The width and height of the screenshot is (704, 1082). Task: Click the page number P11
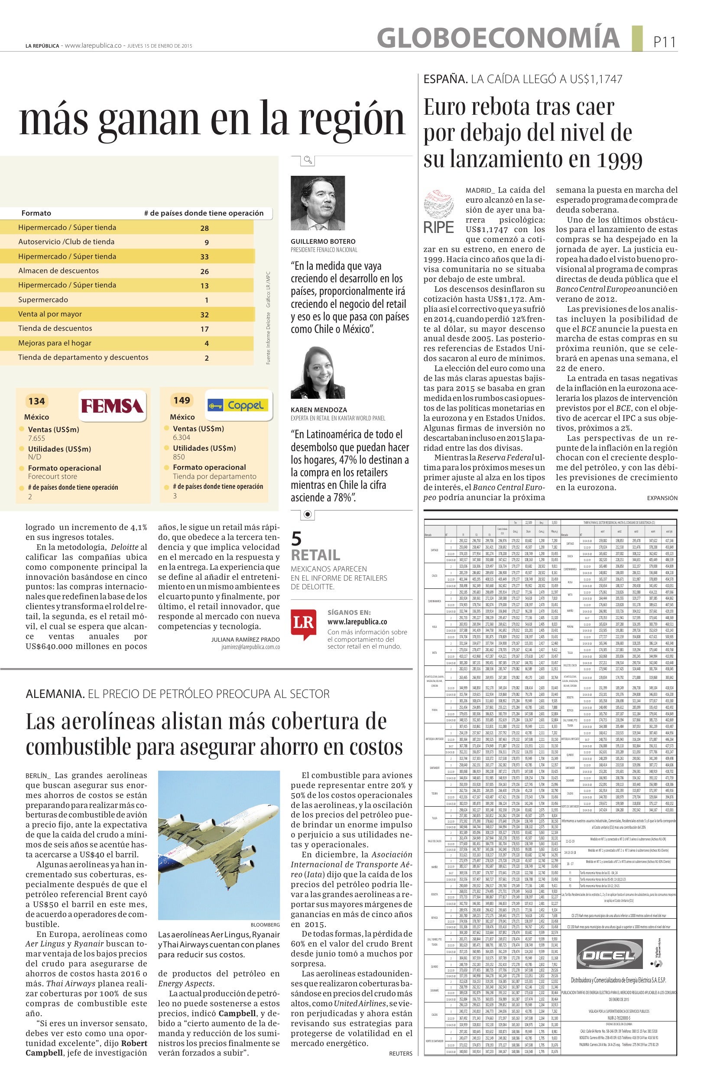tap(665, 42)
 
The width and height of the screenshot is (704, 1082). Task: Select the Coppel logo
tap(238, 404)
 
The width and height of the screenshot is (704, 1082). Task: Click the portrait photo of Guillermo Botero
tap(318, 203)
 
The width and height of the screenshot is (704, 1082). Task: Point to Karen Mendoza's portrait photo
tap(318, 373)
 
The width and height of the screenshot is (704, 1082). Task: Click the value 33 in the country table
tap(204, 257)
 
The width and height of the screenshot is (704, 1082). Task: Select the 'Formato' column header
tap(36, 213)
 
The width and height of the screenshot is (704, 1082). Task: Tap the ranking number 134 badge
tap(36, 401)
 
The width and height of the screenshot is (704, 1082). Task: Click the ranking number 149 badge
tap(182, 400)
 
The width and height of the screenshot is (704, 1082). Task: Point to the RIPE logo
tap(438, 212)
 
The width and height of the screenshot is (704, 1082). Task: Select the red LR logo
tap(303, 624)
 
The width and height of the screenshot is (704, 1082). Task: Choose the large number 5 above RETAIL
tap(296, 539)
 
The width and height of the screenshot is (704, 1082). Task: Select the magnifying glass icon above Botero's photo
tap(308, 160)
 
